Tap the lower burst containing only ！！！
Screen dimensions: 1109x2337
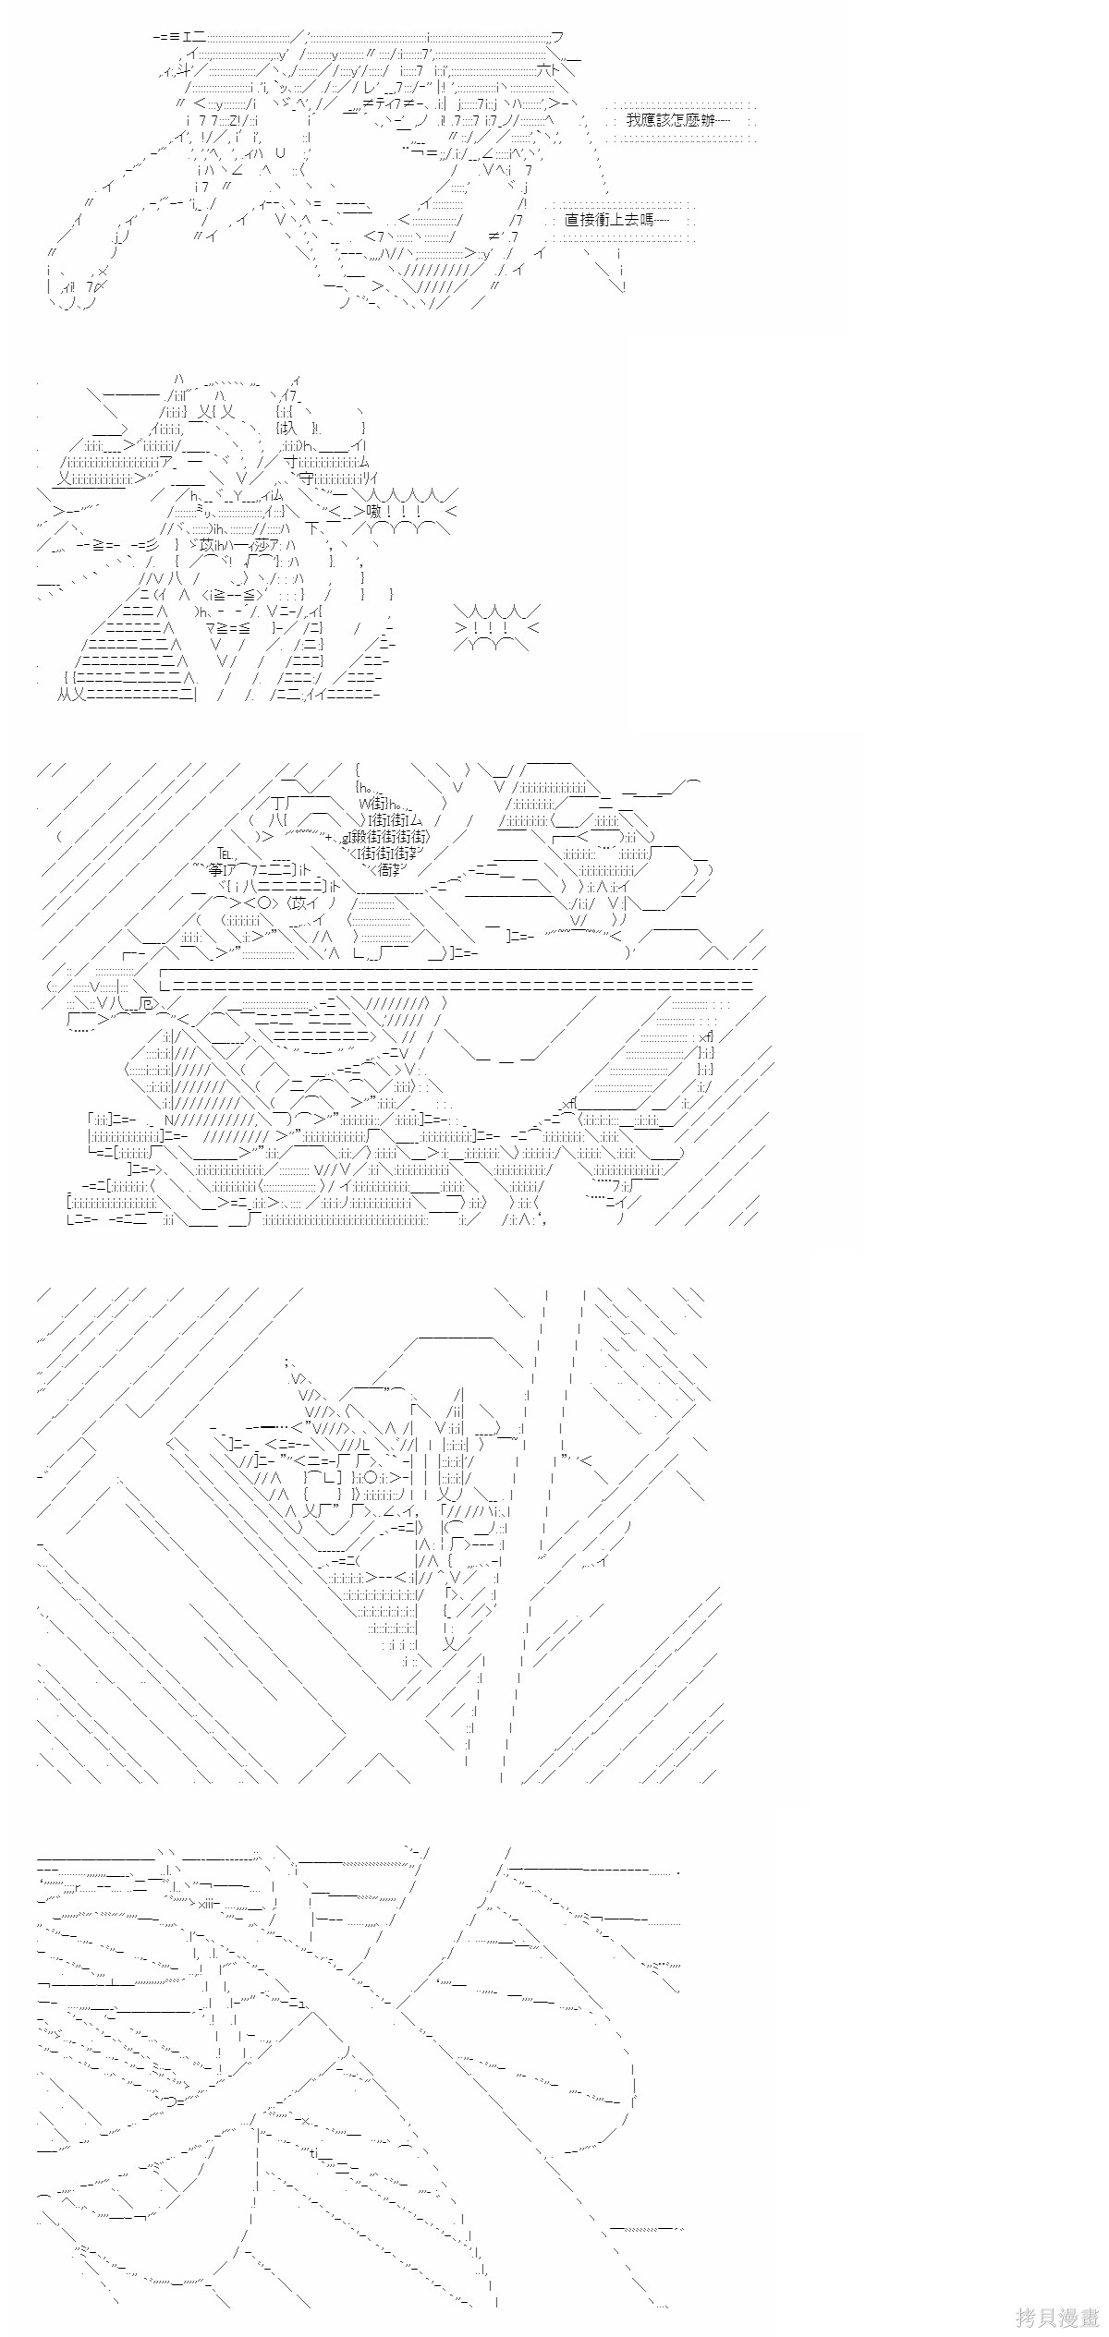tap(495, 628)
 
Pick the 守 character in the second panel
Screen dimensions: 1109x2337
tap(306, 478)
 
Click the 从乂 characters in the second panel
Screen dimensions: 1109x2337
tap(71, 695)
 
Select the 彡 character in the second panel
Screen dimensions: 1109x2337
tap(152, 544)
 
